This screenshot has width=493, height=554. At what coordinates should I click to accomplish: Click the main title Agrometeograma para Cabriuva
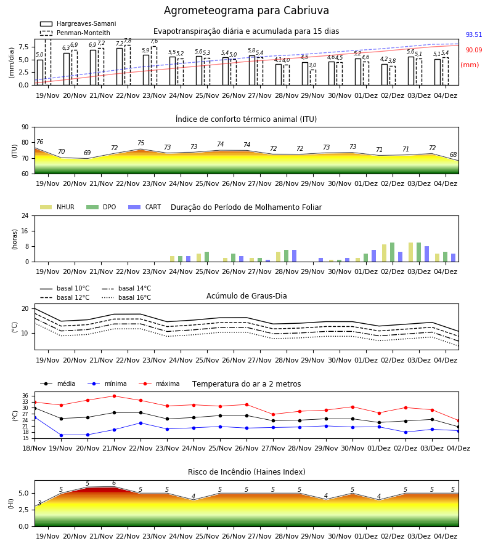pyautogui.click(x=246, y=10)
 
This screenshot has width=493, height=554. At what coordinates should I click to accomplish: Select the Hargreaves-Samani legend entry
pyautogui.click(x=78, y=23)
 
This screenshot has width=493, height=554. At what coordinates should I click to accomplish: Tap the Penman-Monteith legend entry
pyautogui.click(x=75, y=33)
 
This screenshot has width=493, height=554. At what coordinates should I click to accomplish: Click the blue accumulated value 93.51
pyautogui.click(x=474, y=34)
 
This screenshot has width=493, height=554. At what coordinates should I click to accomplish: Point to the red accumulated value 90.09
pyautogui.click(x=474, y=50)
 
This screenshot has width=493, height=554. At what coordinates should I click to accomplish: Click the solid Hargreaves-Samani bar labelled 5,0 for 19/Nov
pyautogui.click(x=40, y=73)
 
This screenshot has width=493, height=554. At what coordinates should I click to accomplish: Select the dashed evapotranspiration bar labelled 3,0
pyautogui.click(x=313, y=78)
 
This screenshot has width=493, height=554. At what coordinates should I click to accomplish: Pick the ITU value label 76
pyautogui.click(x=39, y=142)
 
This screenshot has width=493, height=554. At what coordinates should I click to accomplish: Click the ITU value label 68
pyautogui.click(x=453, y=155)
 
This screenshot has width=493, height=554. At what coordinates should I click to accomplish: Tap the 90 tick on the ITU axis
pyautogui.click(x=25, y=127)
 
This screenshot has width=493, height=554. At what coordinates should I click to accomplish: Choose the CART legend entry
pyautogui.click(x=145, y=207)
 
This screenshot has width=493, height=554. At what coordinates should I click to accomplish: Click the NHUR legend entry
pyautogui.click(x=57, y=207)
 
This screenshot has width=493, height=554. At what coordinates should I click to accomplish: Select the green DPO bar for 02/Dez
pyautogui.click(x=392, y=252)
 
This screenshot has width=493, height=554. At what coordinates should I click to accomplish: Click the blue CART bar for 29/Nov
pyautogui.click(x=321, y=260)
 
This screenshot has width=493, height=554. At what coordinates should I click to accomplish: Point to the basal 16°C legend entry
pyautogui.click(x=126, y=297)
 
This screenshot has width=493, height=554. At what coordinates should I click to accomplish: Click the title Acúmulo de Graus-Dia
pyautogui.click(x=246, y=296)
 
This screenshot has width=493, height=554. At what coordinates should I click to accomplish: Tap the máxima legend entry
pyautogui.click(x=159, y=383)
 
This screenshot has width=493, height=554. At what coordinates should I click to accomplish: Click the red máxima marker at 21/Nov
pyautogui.click(x=114, y=396)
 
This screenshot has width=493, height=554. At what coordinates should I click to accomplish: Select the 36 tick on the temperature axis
pyautogui.click(x=25, y=396)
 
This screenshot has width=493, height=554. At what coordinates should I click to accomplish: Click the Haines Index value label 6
pyautogui.click(x=114, y=483)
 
